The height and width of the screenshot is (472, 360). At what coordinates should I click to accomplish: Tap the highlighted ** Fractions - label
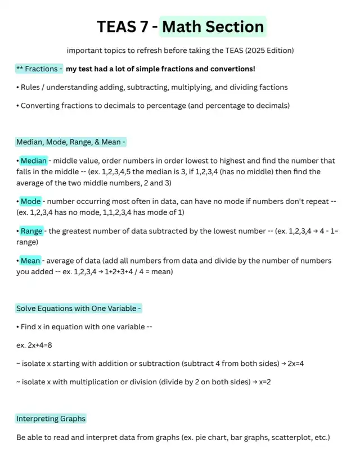[x=39, y=69]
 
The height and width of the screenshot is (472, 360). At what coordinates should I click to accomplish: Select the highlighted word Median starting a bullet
[x=34, y=161]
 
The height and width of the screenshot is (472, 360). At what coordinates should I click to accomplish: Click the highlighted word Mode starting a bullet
[x=30, y=201]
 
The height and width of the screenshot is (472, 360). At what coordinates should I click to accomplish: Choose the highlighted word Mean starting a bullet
[x=31, y=260]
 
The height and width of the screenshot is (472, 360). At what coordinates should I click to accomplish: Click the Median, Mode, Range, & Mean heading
[x=71, y=142]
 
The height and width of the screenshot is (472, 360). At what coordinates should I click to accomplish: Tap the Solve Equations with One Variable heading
[x=79, y=308]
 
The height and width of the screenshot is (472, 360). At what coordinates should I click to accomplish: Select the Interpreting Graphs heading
[x=51, y=419]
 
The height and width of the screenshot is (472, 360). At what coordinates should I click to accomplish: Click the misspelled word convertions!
[x=229, y=69]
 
